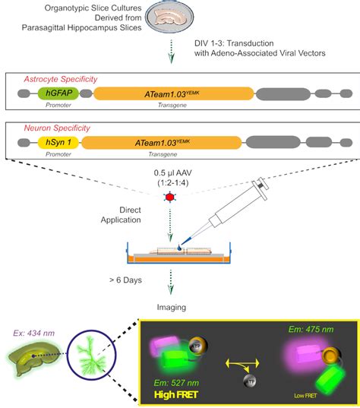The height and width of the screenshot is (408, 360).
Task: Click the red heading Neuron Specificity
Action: tap(49, 126)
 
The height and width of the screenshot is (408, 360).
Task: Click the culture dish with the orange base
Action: tap(179, 256)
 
